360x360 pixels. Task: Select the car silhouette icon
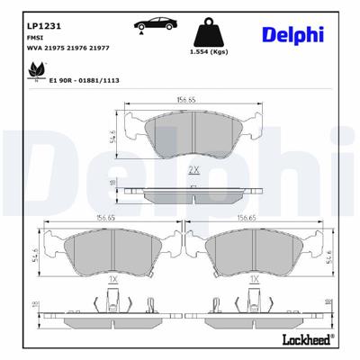[x=156, y=25]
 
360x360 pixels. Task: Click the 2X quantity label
[x=192, y=168]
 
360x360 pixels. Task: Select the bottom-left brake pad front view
[x=113, y=256]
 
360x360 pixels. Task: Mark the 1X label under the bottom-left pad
[x=113, y=280]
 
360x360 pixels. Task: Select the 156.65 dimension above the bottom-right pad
[x=263, y=218]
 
